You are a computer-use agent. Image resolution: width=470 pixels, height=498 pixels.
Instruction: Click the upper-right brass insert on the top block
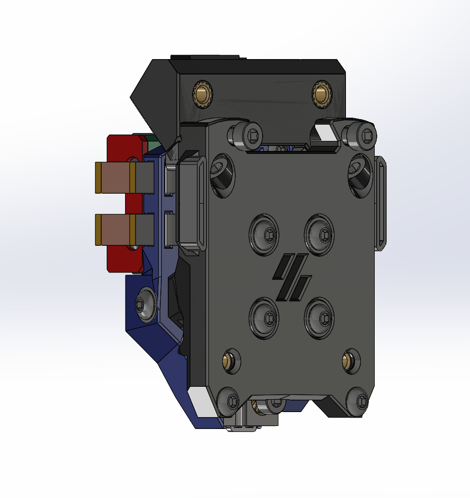click(322, 93)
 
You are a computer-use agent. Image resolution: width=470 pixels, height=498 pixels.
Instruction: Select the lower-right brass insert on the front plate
click(350, 361)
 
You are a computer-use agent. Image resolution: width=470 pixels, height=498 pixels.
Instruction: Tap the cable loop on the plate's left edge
click(190, 203)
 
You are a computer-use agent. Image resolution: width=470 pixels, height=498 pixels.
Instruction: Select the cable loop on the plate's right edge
click(380, 203)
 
